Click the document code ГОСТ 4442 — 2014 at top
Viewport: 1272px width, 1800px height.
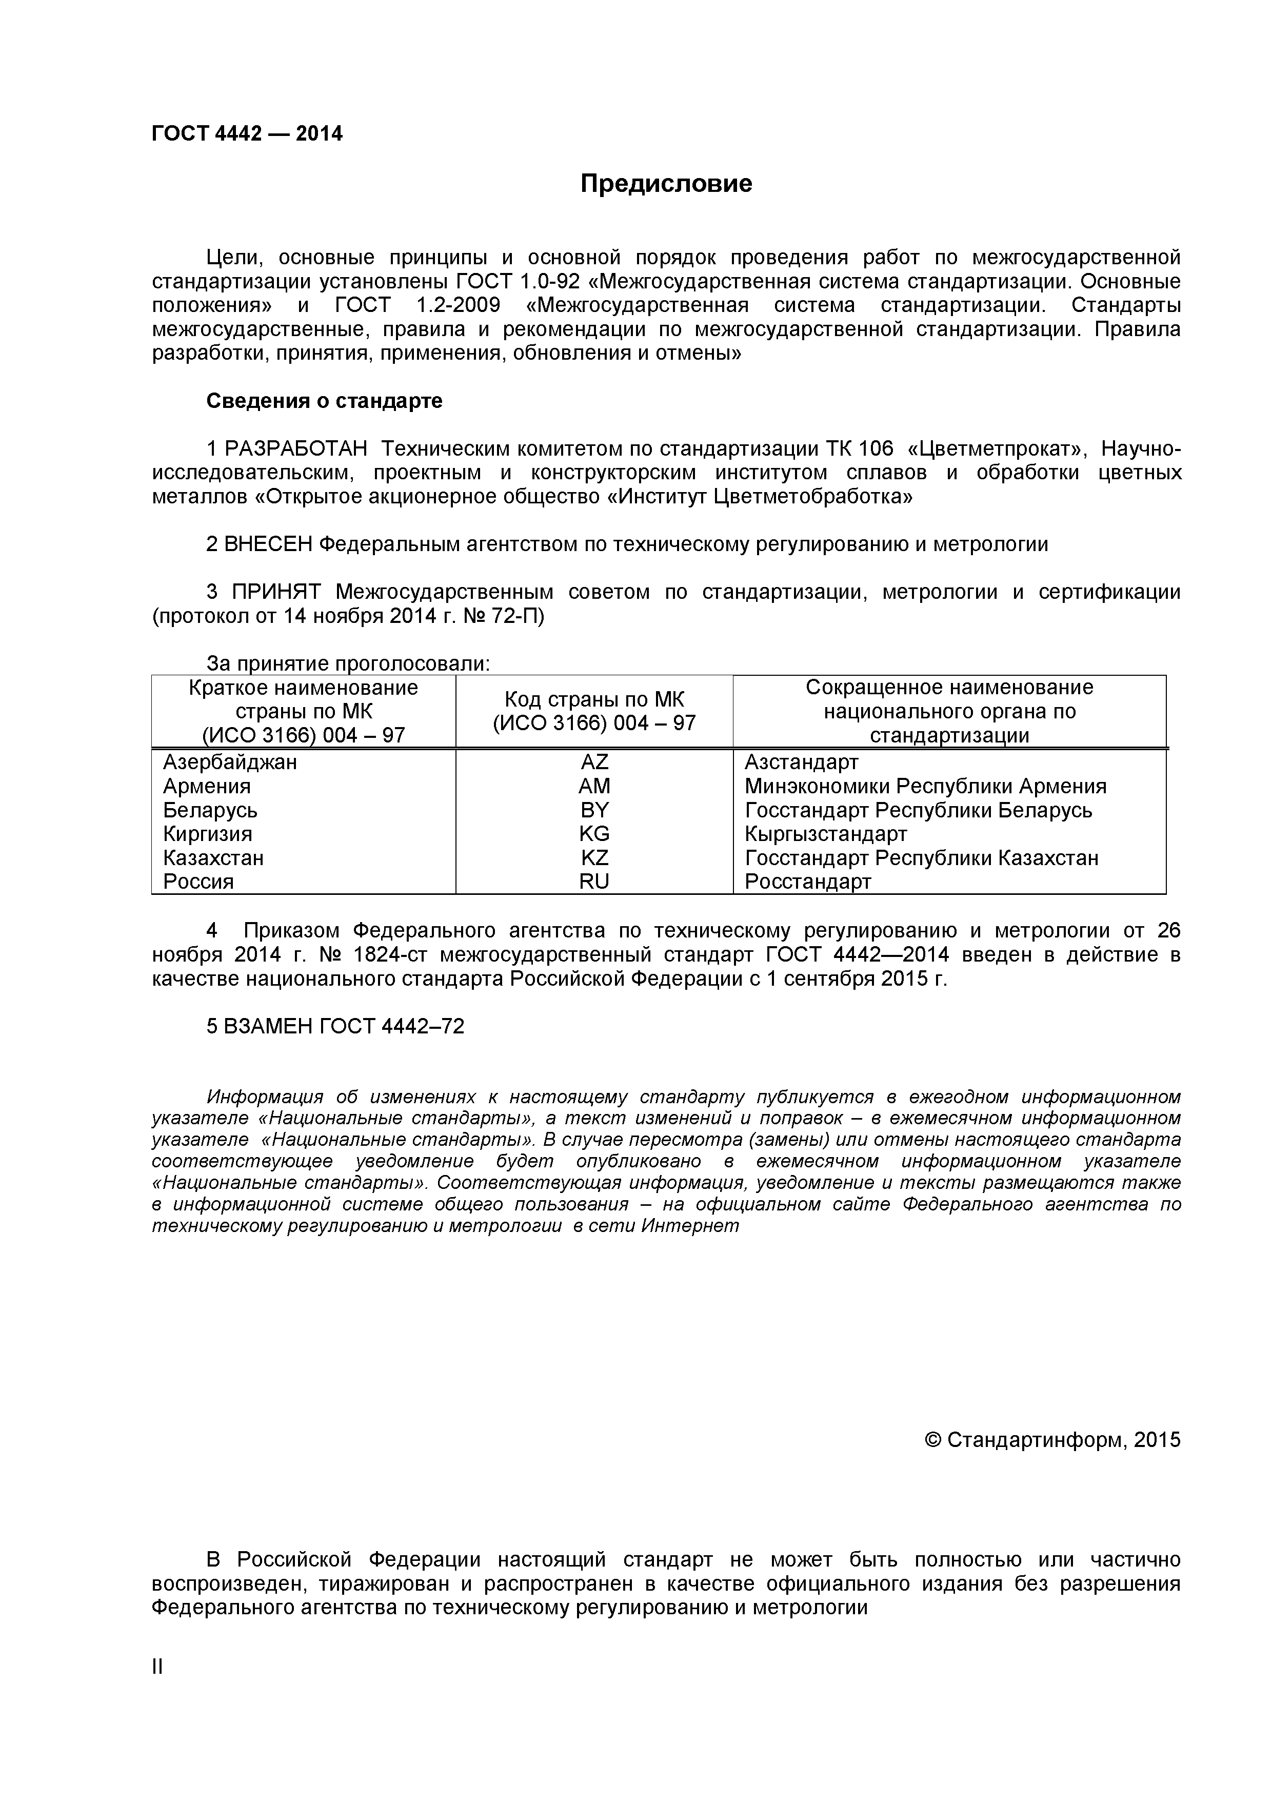click(247, 134)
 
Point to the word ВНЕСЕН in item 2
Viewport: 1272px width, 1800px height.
click(268, 544)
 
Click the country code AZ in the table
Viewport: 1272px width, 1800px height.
click(594, 762)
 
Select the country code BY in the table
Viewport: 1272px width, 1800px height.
click(594, 810)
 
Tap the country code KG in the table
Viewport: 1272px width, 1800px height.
click(594, 833)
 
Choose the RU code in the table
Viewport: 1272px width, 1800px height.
click(594, 881)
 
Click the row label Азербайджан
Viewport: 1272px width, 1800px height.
click(230, 762)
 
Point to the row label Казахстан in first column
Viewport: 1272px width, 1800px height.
click(213, 857)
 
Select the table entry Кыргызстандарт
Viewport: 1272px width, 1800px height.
click(825, 833)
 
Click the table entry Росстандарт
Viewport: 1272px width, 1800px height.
click(807, 881)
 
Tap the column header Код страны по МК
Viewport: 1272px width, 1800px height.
click(594, 699)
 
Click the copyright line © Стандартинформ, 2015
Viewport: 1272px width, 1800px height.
click(1052, 1440)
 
